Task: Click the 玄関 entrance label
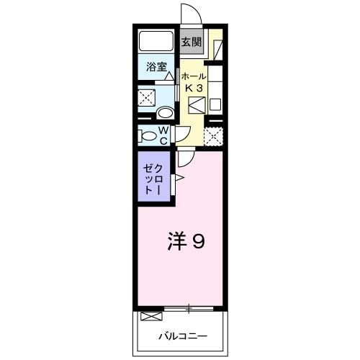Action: coord(191,42)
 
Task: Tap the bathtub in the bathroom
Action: coord(156,41)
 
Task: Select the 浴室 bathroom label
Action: coord(156,68)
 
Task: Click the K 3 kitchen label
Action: coord(194,88)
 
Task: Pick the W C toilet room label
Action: coord(163,135)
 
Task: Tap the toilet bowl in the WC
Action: coord(149,135)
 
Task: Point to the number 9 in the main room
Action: coord(197,241)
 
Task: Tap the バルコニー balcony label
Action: coord(183,336)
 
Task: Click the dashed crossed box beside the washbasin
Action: coord(148,98)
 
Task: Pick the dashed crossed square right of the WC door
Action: coord(213,135)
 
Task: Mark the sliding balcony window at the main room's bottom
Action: coord(189,310)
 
